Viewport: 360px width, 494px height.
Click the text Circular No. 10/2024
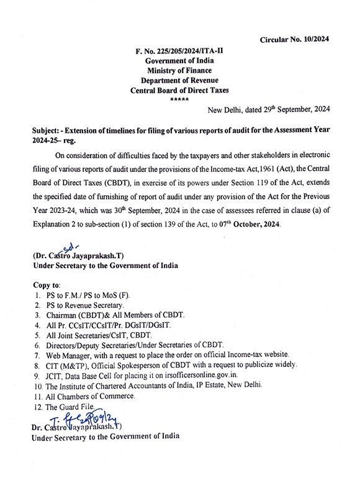click(304, 39)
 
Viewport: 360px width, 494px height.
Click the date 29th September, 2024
click(289, 109)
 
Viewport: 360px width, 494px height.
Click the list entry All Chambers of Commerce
click(93, 395)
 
